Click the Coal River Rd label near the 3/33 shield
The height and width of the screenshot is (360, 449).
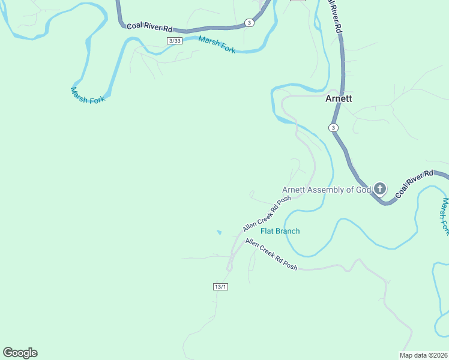tap(149, 28)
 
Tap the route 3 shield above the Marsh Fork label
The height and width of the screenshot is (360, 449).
tap(249, 23)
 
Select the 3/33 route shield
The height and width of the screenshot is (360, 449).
tap(174, 40)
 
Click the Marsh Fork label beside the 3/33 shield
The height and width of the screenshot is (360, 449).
tap(217, 45)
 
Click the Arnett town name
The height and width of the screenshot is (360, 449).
tap(339, 99)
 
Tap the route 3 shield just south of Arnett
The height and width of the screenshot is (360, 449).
tap(333, 128)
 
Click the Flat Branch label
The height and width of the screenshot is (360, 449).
tap(280, 231)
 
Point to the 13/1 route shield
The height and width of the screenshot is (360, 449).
tap(220, 287)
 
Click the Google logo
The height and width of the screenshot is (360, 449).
tap(20, 353)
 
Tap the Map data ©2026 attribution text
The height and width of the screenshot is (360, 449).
tap(423, 355)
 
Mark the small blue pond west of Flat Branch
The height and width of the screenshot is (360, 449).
tap(219, 232)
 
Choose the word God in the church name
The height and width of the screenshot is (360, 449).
tap(364, 190)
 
